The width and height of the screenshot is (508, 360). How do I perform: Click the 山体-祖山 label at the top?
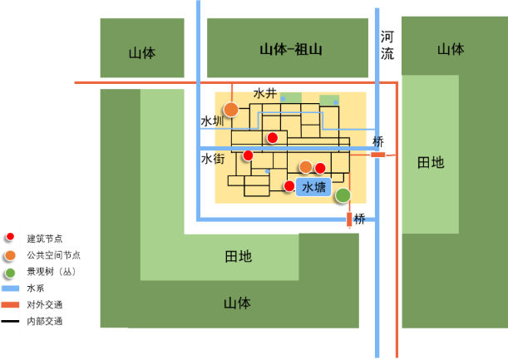point(290,50)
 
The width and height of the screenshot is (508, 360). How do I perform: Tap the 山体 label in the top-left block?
point(142,53)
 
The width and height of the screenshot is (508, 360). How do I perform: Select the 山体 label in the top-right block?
point(451,49)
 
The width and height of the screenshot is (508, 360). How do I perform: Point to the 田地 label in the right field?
point(431,162)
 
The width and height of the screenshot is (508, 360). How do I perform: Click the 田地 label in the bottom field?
point(239,256)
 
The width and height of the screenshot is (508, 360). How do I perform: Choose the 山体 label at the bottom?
point(237,303)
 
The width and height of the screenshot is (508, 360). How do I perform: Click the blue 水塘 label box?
point(313,187)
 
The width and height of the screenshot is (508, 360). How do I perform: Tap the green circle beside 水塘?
point(343,195)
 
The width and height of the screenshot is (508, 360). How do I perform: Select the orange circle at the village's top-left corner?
point(231,110)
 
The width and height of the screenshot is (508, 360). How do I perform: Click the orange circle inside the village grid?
point(306,167)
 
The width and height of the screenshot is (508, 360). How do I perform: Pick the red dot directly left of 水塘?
point(289,186)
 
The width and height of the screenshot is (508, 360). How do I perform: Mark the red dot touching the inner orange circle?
point(320,168)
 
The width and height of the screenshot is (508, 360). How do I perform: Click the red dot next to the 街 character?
point(248,155)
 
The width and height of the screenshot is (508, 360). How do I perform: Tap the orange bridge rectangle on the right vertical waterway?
point(378,155)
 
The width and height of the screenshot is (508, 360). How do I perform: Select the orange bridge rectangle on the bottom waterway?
point(349,219)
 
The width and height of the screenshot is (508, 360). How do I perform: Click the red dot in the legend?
point(10,237)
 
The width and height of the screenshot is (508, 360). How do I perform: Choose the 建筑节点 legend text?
point(47,239)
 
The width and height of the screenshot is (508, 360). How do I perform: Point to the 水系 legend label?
point(36,288)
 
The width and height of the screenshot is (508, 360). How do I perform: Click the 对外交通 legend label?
point(44,304)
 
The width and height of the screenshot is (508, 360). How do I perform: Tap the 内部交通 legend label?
point(44,321)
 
